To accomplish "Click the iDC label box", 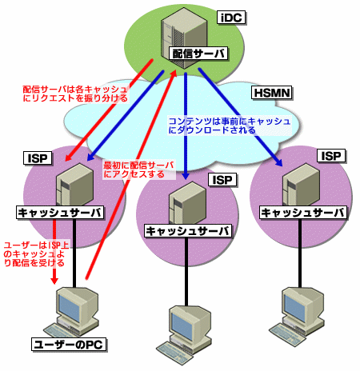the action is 231,18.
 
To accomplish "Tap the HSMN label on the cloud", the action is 272,93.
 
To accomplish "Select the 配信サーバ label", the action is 198,54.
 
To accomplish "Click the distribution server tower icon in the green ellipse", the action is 184,38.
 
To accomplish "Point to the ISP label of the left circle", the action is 38,158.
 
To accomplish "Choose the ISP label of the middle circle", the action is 222,180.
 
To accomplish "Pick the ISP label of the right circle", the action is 331,156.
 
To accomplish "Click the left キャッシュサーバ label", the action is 60,213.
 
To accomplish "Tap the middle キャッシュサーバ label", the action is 188,231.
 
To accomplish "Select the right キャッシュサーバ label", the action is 303,213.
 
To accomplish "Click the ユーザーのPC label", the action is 69,345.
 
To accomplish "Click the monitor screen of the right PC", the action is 294,307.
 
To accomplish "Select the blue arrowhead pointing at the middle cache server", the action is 186,176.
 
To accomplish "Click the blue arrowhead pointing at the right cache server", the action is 279,162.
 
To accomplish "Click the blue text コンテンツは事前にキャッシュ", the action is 230,122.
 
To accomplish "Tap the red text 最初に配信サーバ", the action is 138,166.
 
